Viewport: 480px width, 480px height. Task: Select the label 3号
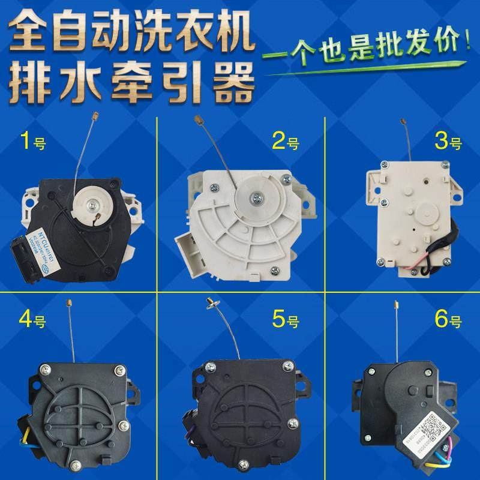point(448,143)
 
